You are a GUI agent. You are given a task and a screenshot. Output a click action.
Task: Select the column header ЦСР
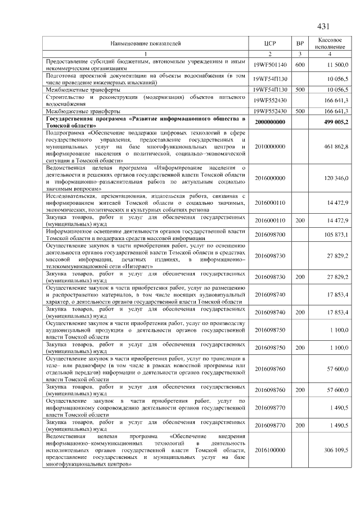[270, 43]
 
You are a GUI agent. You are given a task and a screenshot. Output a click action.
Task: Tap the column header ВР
[300, 43]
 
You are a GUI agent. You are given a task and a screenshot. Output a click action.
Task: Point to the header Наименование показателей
[146, 43]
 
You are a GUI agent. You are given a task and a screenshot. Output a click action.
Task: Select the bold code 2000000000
[270, 122]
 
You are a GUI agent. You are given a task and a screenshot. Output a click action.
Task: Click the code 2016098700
[270, 234]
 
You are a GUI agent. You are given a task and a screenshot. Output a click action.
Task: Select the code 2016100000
[270, 451]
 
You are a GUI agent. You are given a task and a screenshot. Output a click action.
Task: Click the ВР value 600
[300, 65]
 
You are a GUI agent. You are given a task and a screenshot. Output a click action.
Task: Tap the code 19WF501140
[270, 65]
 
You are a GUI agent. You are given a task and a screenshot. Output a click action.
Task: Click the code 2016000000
[270, 178]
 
